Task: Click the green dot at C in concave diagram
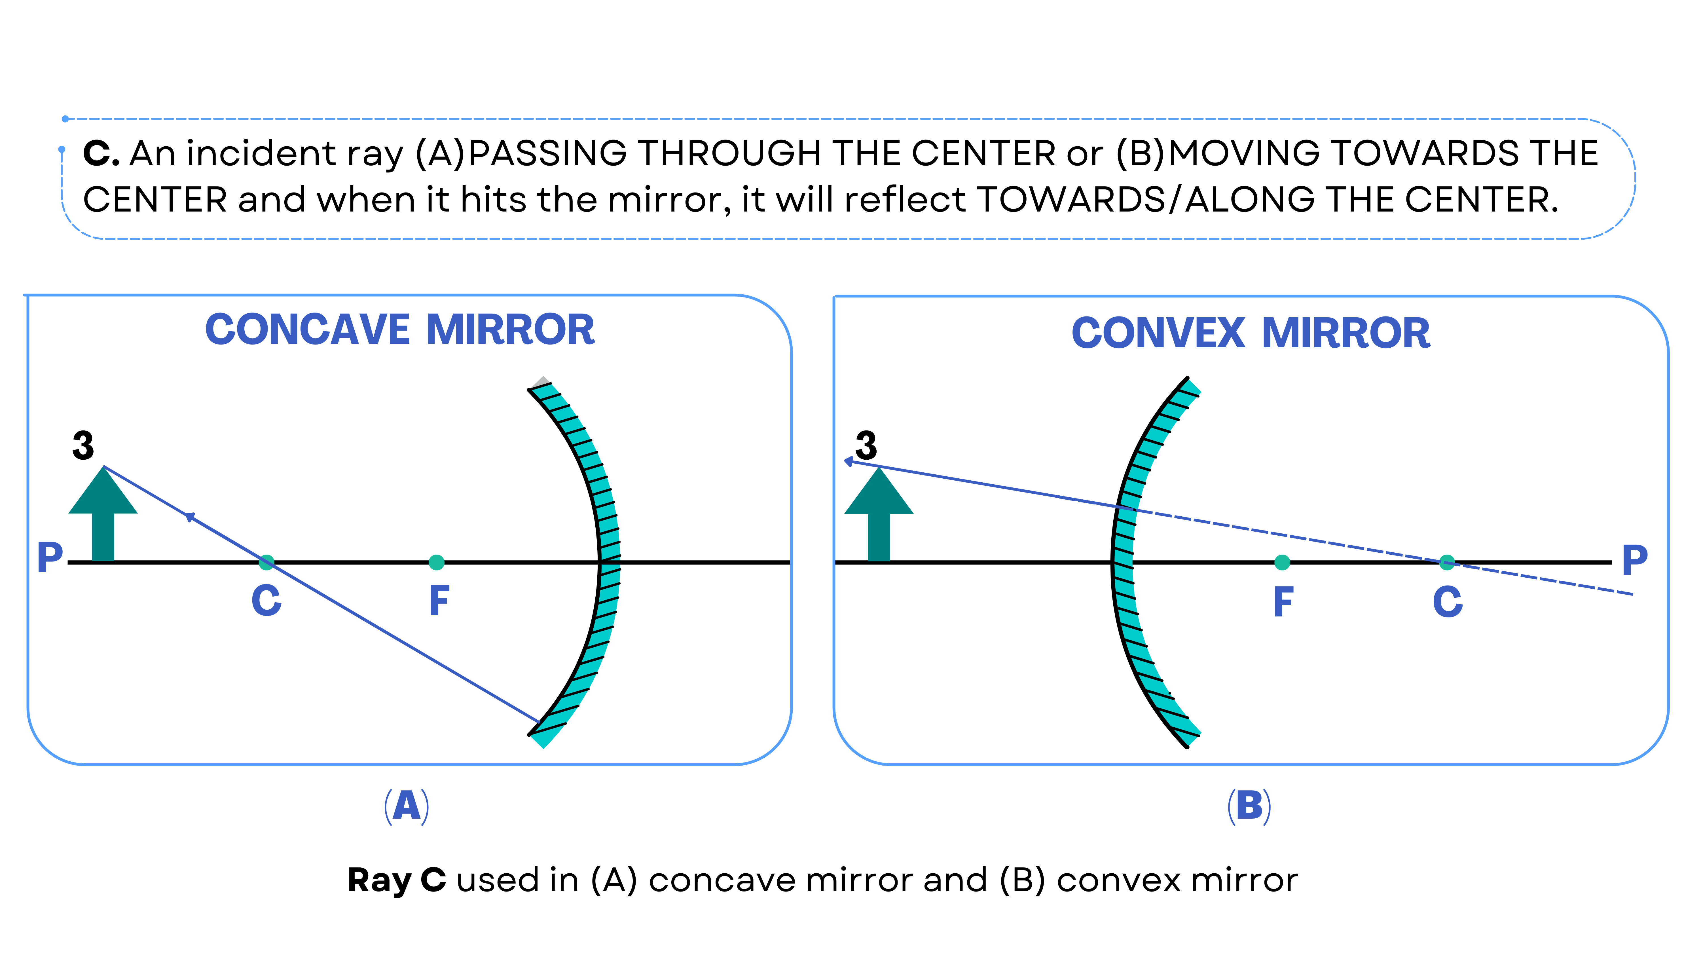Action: [x=266, y=562]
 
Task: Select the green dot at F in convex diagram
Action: [x=1282, y=562]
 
